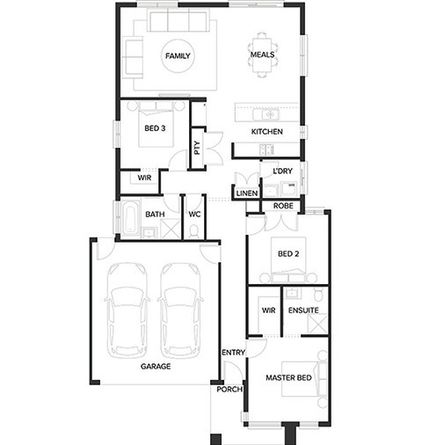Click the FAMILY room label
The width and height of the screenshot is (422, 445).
(178, 55)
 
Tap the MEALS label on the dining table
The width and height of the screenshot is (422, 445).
(263, 55)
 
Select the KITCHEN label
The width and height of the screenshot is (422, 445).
(267, 132)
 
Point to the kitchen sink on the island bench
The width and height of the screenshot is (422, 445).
(266, 114)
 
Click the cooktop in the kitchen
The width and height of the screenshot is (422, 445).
(266, 150)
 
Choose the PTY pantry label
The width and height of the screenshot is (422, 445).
(197, 148)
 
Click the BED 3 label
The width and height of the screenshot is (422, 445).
(155, 128)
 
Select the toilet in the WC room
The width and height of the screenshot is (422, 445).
(193, 231)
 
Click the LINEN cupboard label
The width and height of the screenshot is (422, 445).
(247, 193)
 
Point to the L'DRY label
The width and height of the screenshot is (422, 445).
(282, 171)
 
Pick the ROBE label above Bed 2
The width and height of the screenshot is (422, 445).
(283, 206)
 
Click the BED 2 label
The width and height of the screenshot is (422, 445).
(288, 253)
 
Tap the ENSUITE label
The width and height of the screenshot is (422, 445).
(303, 310)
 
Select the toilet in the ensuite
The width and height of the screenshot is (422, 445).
(318, 295)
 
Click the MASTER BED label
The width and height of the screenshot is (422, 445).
(288, 377)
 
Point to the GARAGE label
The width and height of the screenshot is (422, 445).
(156, 366)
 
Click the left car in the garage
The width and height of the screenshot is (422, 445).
(127, 310)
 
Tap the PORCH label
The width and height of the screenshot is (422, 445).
(229, 390)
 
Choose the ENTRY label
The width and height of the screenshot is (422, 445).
(233, 352)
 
